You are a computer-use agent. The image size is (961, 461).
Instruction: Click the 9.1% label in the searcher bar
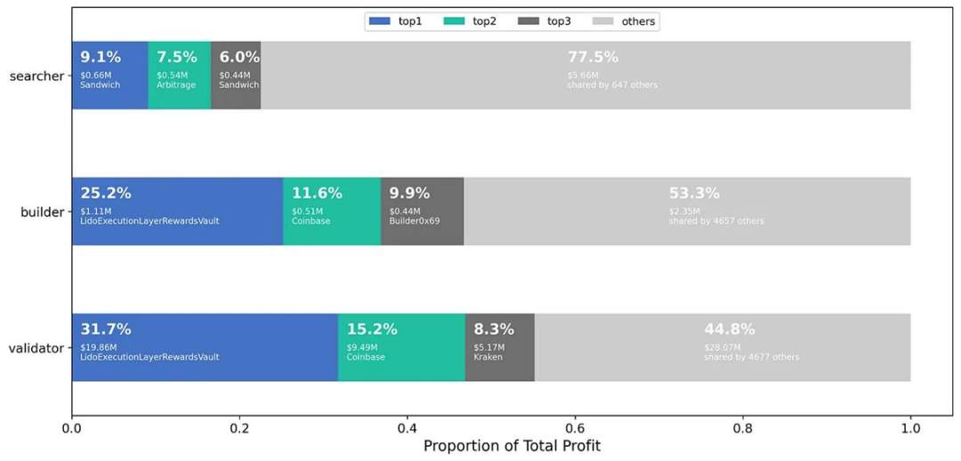click(101, 57)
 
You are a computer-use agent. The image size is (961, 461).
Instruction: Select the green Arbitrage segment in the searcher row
click(179, 76)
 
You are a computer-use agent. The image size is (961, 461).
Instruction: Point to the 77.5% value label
click(593, 57)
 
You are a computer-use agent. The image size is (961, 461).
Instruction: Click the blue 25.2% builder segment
click(177, 211)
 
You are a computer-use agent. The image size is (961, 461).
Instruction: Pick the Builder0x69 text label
click(415, 221)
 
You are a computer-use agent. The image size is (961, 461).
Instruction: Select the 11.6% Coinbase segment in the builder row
click(331, 211)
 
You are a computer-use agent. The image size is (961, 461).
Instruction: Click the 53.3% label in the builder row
click(694, 193)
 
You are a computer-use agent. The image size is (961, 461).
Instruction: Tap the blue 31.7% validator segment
click(205, 347)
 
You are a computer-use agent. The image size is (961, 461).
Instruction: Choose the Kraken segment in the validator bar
click(499, 347)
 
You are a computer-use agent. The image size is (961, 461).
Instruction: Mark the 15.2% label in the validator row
click(372, 329)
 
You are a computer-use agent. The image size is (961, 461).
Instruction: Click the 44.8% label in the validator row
click(730, 329)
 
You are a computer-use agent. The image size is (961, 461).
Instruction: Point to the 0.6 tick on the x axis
click(575, 428)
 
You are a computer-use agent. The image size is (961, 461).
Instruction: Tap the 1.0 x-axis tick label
click(910, 428)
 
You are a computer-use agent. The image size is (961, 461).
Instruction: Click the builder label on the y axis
click(42, 212)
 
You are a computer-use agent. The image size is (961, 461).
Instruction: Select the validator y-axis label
click(36, 348)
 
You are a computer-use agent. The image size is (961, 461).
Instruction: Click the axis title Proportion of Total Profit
click(512, 446)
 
